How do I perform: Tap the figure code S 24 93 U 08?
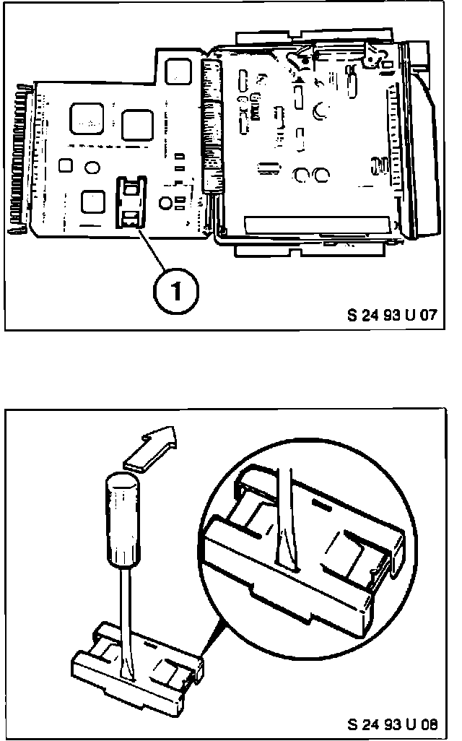coord(391,723)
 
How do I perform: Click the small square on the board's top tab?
coord(175,70)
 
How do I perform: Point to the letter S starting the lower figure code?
coord(351,723)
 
